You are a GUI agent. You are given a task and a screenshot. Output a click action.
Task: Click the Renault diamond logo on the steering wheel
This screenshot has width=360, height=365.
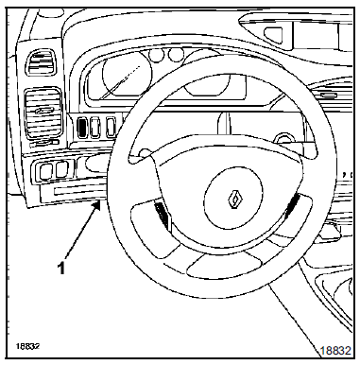pos(235,199)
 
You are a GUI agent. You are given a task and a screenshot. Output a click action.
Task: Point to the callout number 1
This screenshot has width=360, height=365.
pos(61,269)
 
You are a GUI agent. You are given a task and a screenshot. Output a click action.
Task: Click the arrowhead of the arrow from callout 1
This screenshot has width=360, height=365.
pos(98,205)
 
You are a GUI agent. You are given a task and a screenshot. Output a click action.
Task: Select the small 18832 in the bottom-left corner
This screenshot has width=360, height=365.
pos(27,346)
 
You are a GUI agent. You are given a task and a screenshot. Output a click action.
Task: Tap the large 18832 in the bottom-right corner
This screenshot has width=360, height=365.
pos(335,351)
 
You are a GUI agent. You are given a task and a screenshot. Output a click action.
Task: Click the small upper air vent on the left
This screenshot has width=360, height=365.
pos(41,63)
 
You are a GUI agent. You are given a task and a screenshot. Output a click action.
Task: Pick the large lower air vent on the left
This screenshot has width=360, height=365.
pos(43,113)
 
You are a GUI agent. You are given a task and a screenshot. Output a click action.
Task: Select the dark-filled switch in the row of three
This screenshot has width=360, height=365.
pos(82,127)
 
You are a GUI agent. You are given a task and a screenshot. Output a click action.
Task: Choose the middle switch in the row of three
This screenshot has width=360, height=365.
pos(95,127)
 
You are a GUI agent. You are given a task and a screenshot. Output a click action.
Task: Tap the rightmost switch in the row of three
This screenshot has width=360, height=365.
pos(111,127)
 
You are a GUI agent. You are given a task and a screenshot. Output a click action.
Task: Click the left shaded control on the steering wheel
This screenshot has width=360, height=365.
pos(163,215)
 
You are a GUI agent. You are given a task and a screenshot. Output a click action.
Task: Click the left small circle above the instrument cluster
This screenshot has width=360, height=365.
pos(157,55)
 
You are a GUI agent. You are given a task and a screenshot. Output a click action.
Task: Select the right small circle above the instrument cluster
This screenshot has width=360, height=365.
pos(176,55)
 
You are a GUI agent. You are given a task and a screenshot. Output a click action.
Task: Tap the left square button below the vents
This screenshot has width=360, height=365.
pos(45,170)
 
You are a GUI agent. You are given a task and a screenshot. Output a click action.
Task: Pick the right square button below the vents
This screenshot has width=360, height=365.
pos(62,169)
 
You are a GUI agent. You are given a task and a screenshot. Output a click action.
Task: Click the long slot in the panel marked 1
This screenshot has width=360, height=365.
pos(80,190)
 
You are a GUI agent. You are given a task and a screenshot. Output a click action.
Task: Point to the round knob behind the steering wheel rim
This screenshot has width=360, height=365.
pos(282,139)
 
